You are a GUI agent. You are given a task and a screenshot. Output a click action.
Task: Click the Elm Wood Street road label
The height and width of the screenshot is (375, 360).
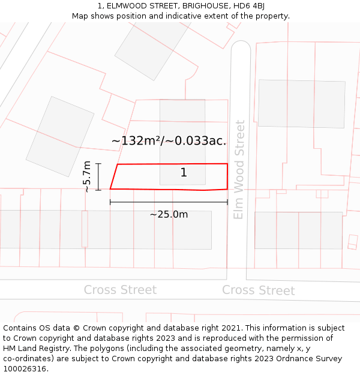(239, 169)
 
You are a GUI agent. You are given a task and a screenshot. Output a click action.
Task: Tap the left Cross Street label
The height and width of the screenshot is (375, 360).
(120, 290)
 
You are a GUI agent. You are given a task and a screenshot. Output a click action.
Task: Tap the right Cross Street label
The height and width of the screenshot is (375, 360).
(259, 290)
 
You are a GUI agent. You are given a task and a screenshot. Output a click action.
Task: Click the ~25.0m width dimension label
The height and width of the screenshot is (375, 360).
(169, 214)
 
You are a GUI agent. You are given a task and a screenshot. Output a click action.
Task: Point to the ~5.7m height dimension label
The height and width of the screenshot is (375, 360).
(87, 176)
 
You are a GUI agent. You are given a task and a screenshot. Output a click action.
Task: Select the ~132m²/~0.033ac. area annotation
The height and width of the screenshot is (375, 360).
(169, 141)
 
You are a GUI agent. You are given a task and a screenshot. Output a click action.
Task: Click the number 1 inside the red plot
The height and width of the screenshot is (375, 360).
(184, 173)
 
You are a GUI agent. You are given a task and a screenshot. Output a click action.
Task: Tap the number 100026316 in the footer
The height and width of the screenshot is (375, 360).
(26, 369)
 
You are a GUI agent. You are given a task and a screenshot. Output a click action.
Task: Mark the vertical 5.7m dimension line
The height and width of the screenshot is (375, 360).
(99, 176)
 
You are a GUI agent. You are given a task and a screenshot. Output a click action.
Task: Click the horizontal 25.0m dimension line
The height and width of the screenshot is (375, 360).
(169, 202)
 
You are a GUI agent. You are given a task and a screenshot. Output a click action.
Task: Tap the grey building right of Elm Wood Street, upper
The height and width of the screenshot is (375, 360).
(301, 103)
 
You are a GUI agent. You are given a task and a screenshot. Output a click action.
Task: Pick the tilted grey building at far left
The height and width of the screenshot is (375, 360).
(59, 136)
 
